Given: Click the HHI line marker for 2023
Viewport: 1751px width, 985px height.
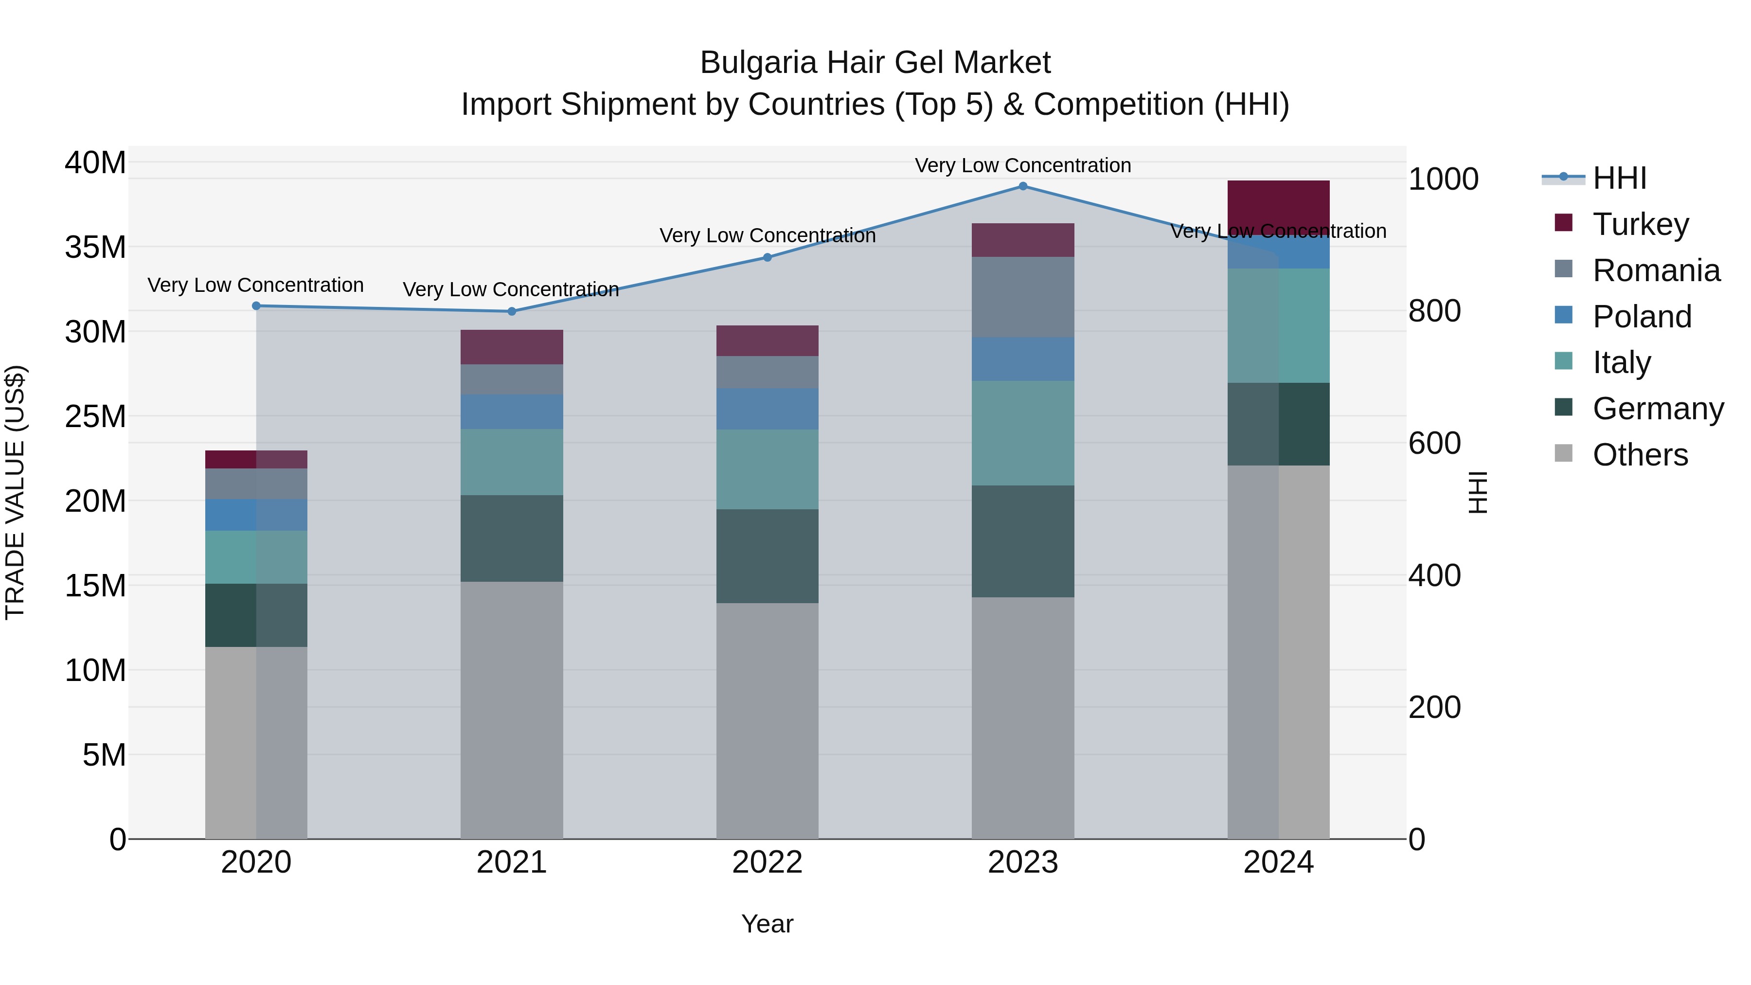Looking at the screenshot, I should pos(1022,186).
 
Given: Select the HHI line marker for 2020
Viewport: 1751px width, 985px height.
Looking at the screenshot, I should pos(256,306).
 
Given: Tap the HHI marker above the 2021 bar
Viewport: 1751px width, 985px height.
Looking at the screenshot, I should pos(512,311).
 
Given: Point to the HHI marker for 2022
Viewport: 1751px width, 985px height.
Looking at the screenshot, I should pos(768,258).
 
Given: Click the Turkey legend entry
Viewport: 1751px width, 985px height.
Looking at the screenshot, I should pos(1640,224).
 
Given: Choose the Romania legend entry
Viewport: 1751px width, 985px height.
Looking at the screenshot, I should pos(1655,270).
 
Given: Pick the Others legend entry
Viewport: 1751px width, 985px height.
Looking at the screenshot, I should pos(1640,454).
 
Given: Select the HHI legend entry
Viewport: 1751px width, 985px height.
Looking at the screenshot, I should pos(1619,178).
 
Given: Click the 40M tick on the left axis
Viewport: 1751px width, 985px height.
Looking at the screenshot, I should pos(95,163).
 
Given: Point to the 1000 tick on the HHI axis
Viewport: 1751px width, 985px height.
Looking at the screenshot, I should pos(1443,179).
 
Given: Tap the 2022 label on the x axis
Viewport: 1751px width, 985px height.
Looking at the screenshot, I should pos(768,862).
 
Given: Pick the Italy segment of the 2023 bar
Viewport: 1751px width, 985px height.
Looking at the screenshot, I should pos(1022,433).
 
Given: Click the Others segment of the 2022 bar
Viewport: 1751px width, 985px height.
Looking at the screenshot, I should pos(768,720).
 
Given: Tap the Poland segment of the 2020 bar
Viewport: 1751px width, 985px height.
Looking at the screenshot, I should pos(256,515).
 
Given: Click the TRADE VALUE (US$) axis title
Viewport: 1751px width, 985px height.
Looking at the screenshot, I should pos(15,492).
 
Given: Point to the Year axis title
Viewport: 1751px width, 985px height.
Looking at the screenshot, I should pos(768,924).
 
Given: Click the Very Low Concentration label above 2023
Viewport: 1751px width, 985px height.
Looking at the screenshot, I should pos(1022,165).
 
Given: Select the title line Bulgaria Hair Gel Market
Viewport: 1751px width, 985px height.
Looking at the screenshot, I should pos(875,63).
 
